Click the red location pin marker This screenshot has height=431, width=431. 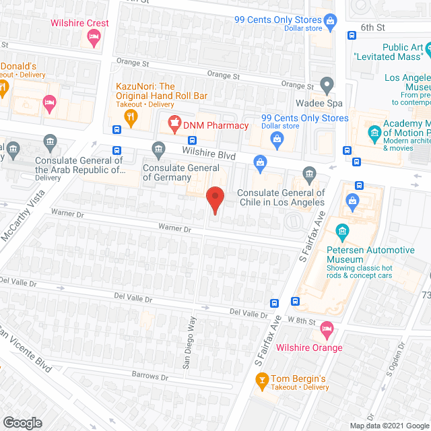pos(215,199)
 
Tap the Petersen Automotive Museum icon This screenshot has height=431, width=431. pos(342,234)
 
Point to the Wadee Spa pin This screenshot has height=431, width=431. pos(327,86)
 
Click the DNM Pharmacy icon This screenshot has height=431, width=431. pos(175,123)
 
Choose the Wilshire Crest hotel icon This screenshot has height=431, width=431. pos(95,38)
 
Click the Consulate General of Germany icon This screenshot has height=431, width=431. pos(158,148)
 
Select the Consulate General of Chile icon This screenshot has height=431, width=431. pos(309,174)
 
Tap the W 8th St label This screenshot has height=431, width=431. pos(301,321)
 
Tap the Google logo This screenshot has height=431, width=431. pos(22,422)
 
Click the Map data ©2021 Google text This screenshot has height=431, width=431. pos(389,425)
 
